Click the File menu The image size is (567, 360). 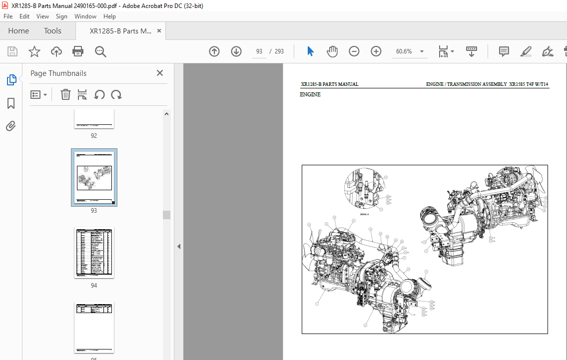click(8, 16)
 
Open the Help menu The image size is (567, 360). click(109, 16)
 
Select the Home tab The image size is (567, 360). click(18, 31)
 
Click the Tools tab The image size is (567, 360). click(52, 31)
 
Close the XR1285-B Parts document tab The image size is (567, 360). click(159, 31)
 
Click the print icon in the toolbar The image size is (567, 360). click(78, 51)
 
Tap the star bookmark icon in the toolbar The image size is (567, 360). click(34, 51)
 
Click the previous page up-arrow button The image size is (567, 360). click(214, 51)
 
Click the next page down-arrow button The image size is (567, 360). click(236, 51)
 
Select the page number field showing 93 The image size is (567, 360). click(259, 51)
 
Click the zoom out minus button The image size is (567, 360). click(354, 51)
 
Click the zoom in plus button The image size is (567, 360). click(376, 51)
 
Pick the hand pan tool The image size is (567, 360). click(332, 51)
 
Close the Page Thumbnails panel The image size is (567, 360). click(160, 73)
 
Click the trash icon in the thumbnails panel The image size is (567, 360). click(65, 94)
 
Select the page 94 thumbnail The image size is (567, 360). click(94, 253)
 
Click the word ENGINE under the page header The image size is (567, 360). click(310, 95)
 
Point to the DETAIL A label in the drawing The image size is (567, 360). click(364, 214)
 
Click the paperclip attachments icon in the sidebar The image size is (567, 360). click(11, 126)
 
